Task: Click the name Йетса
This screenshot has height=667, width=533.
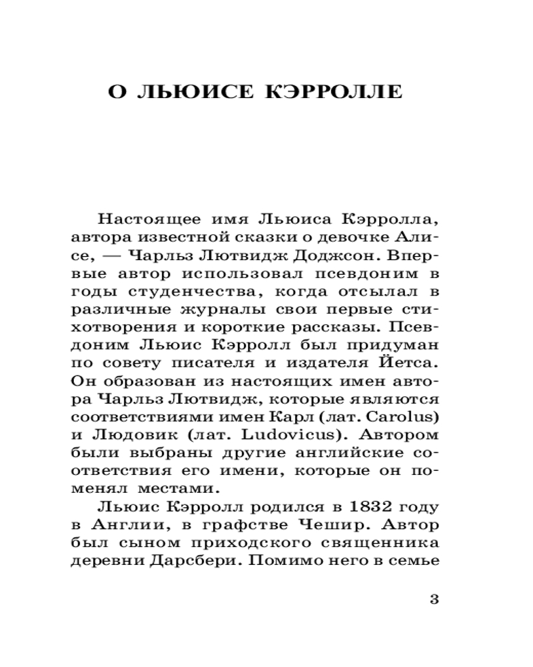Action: tap(412, 364)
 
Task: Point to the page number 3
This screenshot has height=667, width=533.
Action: tap(434, 598)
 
